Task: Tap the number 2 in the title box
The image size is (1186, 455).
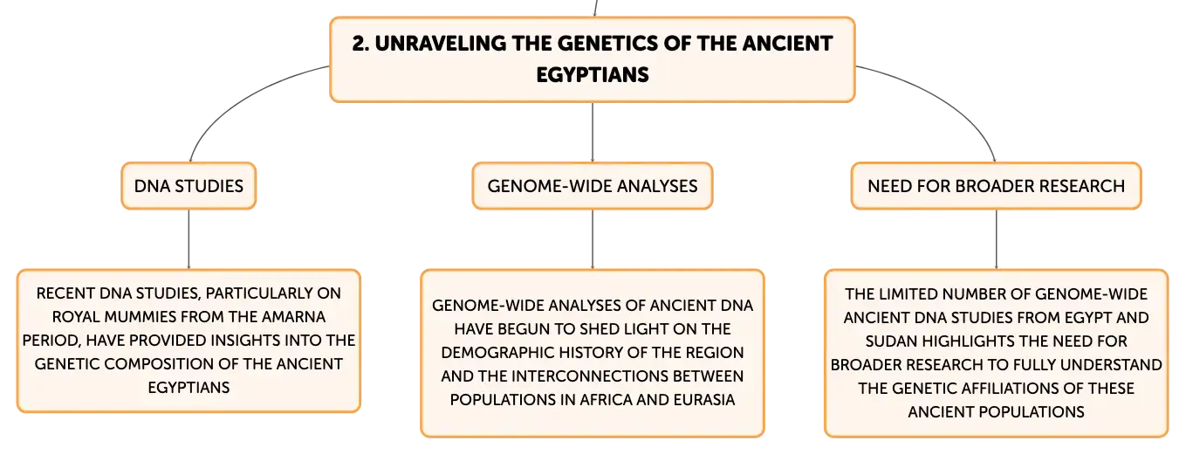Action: [359, 44]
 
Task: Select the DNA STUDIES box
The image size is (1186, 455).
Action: [189, 186]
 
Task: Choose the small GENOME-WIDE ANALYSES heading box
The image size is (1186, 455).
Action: [593, 186]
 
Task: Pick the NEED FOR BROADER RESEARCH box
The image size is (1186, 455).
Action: [996, 186]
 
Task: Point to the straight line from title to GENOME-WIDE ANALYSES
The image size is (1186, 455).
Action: [593, 133]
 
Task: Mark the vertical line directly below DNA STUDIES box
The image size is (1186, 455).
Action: [189, 239]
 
